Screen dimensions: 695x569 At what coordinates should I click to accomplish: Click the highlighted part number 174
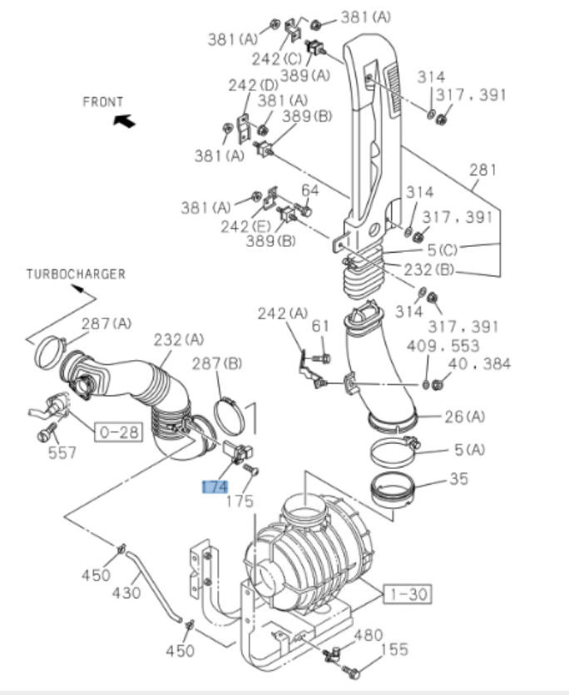pos(215,486)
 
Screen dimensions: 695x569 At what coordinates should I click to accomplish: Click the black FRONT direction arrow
pos(123,121)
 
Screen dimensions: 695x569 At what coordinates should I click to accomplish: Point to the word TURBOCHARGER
pos(76,274)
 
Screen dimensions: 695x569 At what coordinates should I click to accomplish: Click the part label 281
pos(482,170)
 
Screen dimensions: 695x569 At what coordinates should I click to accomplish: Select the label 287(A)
pos(106,323)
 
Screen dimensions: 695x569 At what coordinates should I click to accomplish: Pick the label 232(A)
pos(179,339)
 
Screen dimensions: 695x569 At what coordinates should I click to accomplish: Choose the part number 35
pos(458,479)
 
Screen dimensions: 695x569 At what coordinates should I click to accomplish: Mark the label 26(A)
pos(464,417)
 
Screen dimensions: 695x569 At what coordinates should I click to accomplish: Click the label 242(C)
pos(278,59)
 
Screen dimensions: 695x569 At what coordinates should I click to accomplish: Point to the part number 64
pos(310,190)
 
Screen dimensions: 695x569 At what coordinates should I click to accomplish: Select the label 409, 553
pos(444,346)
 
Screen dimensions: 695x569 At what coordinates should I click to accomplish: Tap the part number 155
pos(394,650)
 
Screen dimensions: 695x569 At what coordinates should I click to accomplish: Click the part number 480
pos(368,635)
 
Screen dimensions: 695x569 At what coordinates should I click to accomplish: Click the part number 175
pos(240,501)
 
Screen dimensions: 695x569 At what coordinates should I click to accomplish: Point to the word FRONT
pos(103,101)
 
